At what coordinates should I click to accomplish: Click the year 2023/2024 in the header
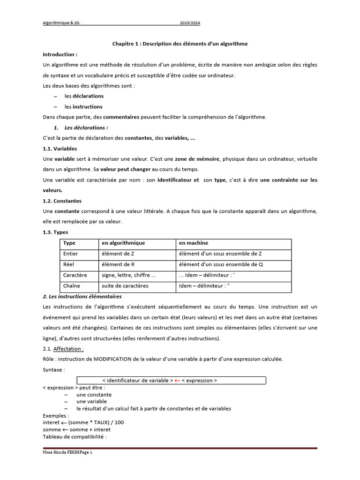tap(191, 23)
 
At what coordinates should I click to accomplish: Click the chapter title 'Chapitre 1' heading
tap(180, 44)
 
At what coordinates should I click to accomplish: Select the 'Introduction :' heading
tap(60, 54)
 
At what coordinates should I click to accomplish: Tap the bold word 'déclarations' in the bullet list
tap(88, 96)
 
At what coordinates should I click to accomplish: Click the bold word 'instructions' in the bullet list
tap(87, 106)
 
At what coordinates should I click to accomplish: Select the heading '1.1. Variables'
tap(60, 149)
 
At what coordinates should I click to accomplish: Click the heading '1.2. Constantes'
tap(62, 201)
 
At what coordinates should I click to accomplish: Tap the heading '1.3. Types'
tap(55, 232)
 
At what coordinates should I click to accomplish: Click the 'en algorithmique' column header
tap(123, 243)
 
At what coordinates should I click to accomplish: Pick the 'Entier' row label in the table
tap(71, 254)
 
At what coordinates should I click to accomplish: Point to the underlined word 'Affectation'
tap(68, 349)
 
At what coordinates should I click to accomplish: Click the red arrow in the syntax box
tap(177, 381)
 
